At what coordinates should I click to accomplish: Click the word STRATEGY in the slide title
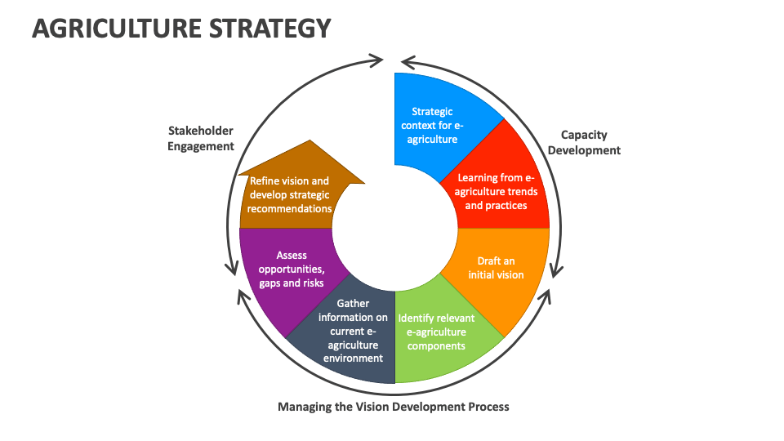coord(278,29)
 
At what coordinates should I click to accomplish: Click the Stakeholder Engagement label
coord(201,138)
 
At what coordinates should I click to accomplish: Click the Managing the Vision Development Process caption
coord(394,406)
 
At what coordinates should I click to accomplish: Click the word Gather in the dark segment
coord(353,304)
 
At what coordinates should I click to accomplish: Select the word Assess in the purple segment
coord(292,255)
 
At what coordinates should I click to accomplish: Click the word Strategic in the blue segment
coord(432,111)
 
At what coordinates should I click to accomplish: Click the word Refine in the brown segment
coord(266,181)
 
